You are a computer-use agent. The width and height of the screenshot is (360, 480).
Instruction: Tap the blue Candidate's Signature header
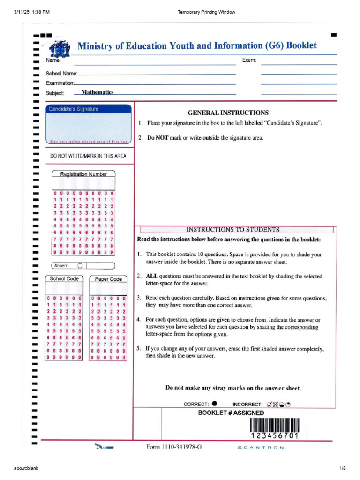73,109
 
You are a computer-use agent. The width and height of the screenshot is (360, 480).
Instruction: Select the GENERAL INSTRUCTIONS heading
228,112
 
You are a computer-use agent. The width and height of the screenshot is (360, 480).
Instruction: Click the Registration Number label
83,174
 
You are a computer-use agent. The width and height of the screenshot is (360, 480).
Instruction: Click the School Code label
64,278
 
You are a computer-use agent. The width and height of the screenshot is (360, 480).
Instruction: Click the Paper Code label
108,279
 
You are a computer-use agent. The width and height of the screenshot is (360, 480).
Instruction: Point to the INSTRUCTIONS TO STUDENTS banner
233,230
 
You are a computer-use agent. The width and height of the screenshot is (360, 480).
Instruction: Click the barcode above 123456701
274,425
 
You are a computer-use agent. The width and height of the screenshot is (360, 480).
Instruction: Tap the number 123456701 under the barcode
274,436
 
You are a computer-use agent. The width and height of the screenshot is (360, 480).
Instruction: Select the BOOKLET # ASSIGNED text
231,413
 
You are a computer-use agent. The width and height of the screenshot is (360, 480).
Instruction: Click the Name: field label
53,60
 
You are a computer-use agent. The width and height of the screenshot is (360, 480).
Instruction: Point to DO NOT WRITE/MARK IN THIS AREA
88,156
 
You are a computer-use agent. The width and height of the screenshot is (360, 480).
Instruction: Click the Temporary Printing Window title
206,12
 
